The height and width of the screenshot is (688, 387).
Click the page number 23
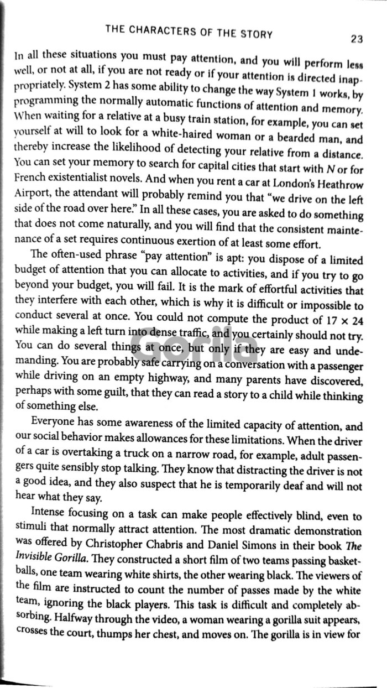tap(356, 39)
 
